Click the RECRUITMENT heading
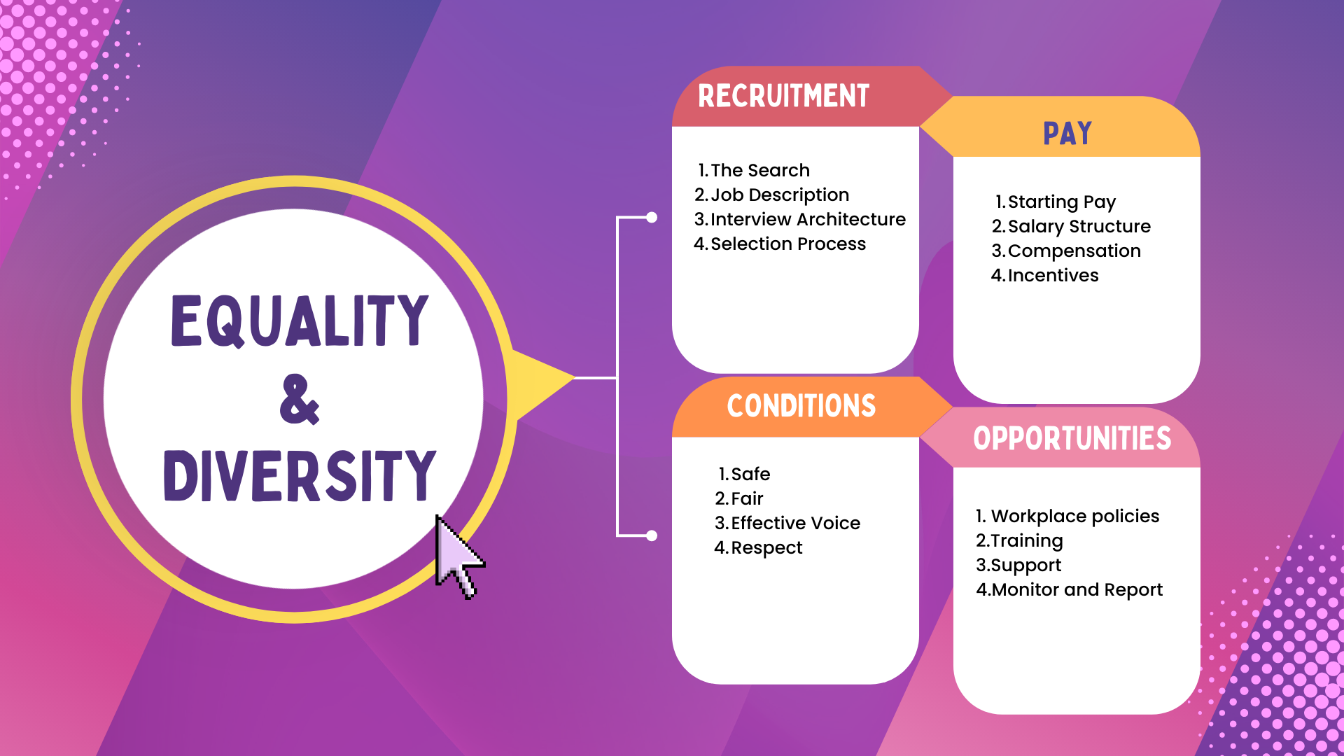click(783, 96)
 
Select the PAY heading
click(1067, 133)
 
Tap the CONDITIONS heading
click(801, 406)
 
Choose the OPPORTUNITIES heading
click(1072, 438)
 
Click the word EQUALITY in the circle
click(300, 321)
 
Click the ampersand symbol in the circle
click(300, 399)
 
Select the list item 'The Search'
click(760, 170)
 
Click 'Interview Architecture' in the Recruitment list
click(808, 219)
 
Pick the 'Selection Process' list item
click(788, 244)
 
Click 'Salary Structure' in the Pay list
click(1079, 226)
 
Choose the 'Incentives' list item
click(1053, 275)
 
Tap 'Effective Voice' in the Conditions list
click(795, 523)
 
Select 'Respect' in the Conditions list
click(766, 547)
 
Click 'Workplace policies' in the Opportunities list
click(1075, 516)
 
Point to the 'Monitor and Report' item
click(1077, 589)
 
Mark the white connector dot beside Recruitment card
click(652, 218)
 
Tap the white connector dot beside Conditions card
click(652, 536)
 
